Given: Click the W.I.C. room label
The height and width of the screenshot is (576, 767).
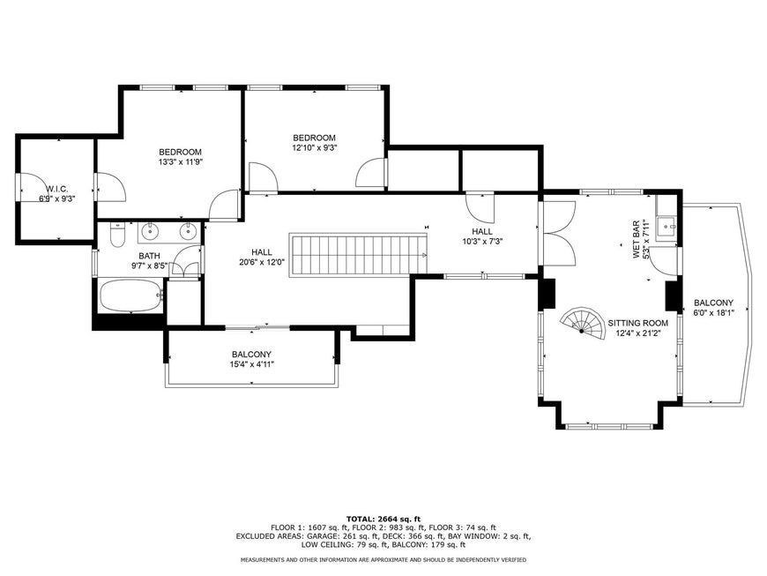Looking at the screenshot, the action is pyautogui.click(x=57, y=189).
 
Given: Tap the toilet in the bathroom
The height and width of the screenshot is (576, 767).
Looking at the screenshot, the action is pyautogui.click(x=117, y=235).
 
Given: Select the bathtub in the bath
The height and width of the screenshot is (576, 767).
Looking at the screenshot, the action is pyautogui.click(x=130, y=295).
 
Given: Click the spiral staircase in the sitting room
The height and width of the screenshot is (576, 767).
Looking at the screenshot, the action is pyautogui.click(x=582, y=322).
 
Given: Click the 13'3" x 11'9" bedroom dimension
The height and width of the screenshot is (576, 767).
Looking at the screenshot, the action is pyautogui.click(x=181, y=161).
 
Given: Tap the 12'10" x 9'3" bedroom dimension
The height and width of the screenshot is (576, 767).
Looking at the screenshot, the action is pyautogui.click(x=315, y=147).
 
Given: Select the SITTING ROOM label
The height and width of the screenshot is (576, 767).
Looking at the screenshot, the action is pyautogui.click(x=638, y=323).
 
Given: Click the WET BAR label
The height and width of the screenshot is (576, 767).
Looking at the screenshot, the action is pyautogui.click(x=637, y=240).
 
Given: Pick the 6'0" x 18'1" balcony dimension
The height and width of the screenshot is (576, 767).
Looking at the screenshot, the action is pyautogui.click(x=714, y=313).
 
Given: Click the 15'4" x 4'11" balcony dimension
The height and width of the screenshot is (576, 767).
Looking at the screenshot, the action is pyautogui.click(x=251, y=364).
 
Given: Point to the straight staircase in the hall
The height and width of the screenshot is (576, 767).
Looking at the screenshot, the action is pyautogui.click(x=359, y=254).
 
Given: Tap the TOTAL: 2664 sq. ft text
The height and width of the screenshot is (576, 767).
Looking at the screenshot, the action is pyautogui.click(x=383, y=519).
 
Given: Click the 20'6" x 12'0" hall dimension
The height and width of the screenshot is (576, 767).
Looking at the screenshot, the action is pyautogui.click(x=262, y=262).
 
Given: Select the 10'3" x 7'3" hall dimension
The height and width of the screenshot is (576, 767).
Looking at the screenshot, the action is pyautogui.click(x=482, y=242).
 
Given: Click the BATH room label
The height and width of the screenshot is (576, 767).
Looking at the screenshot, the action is pyautogui.click(x=149, y=256).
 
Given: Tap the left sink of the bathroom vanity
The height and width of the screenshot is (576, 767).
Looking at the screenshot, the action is pyautogui.click(x=149, y=230).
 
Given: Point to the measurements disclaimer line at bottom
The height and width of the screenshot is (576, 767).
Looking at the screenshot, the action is pyautogui.click(x=383, y=559).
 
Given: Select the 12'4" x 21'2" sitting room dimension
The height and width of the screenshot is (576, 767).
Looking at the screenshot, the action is pyautogui.click(x=638, y=333).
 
